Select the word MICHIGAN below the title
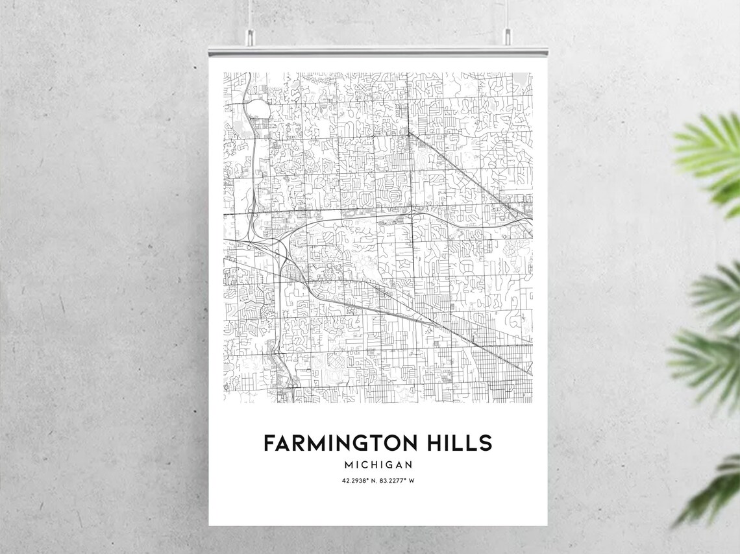tap(378, 465)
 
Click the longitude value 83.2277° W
tap(398, 481)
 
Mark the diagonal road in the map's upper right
tap(467, 169)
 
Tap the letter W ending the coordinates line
tap(411, 481)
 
